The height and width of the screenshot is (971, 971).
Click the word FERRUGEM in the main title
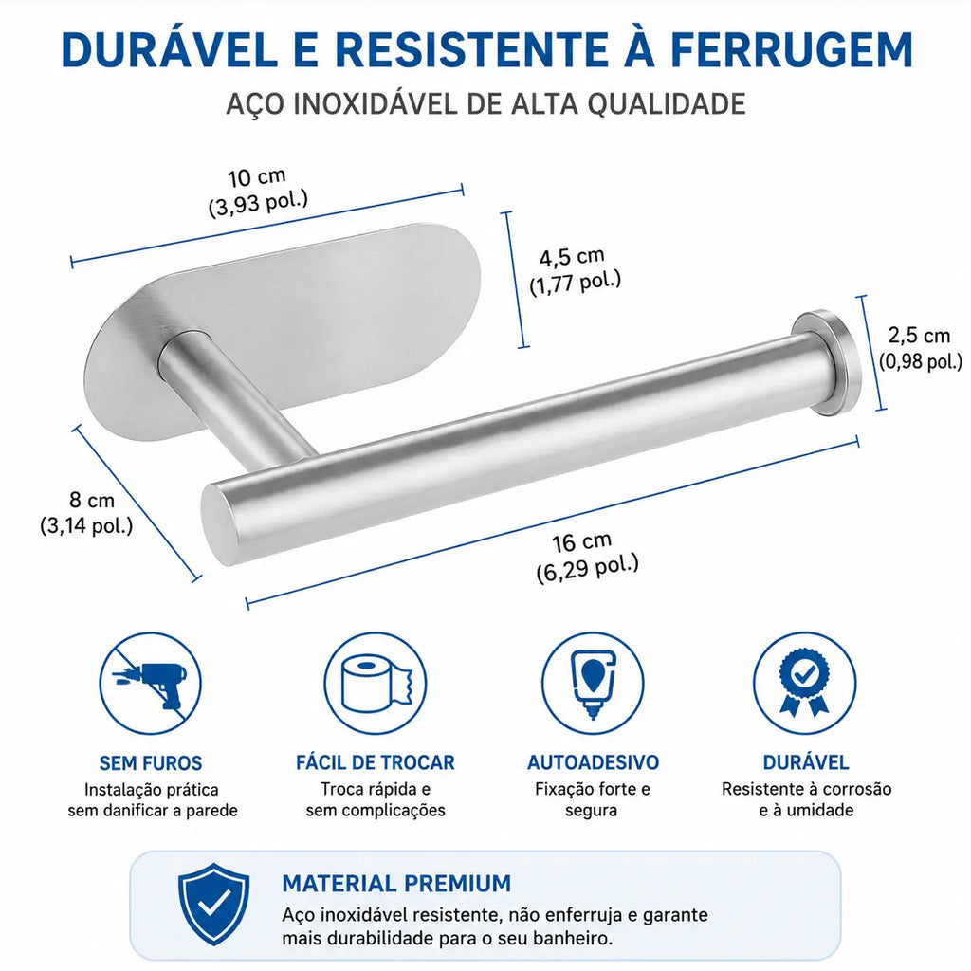tap(792, 49)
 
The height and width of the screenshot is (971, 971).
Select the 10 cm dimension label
tap(256, 178)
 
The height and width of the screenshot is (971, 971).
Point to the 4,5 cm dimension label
tap(572, 256)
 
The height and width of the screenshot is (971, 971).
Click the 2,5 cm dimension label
tap(919, 336)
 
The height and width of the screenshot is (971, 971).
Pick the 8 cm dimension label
tap(92, 500)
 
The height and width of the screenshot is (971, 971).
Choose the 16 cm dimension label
tap(581, 541)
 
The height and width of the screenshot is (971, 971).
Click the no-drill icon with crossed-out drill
tap(151, 684)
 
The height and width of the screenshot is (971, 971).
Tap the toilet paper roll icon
tap(376, 684)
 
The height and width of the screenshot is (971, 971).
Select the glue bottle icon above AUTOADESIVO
tap(593, 684)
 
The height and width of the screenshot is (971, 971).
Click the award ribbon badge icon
tap(805, 684)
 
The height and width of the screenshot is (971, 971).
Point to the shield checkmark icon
tap(213, 904)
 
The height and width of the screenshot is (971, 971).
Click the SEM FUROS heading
tap(151, 763)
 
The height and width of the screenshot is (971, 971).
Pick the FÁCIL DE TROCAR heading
tap(376, 762)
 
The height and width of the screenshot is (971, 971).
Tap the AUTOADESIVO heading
tap(593, 762)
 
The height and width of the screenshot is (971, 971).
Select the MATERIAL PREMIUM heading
tap(396, 883)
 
